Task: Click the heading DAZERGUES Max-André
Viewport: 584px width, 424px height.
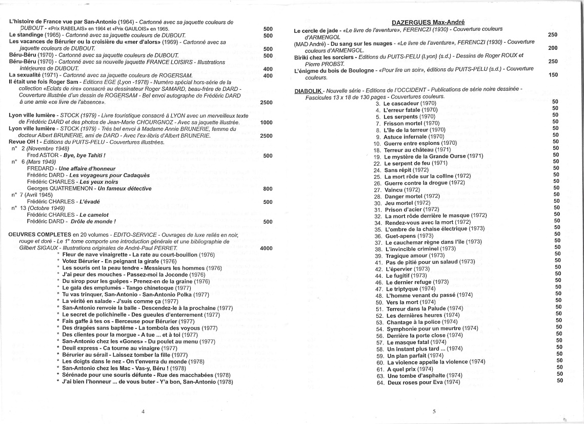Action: [428, 22]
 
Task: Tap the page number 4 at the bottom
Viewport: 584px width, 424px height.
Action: [143, 411]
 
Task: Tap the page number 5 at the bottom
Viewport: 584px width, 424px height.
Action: [434, 411]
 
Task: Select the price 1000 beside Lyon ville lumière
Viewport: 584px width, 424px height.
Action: [266, 123]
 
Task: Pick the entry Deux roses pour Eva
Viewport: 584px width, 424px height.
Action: [415, 382]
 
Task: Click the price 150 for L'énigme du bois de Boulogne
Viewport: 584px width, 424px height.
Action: [552, 74]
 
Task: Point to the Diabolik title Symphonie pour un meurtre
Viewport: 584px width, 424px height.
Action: [424, 328]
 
